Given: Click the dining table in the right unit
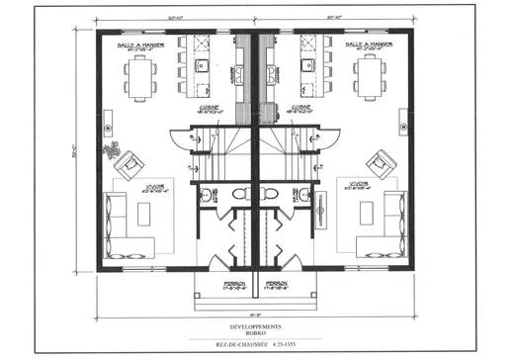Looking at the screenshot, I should (x=372, y=72).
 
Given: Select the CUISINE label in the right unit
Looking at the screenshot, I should (x=302, y=109).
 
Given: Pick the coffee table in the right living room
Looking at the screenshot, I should (x=366, y=210).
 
